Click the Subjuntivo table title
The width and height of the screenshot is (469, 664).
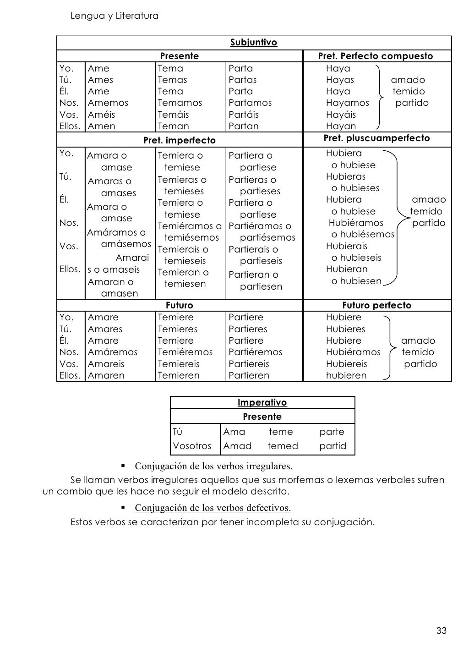[x=253, y=43]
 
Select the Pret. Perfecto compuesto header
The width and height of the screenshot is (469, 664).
[x=375, y=56]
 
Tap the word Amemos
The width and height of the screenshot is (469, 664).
[x=108, y=103]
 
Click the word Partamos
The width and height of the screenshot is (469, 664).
[x=250, y=103]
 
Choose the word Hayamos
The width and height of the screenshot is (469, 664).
[x=347, y=103]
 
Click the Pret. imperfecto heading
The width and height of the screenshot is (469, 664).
[x=179, y=140]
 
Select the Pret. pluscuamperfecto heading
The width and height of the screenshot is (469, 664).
[x=376, y=138]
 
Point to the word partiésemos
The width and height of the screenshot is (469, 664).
[x=267, y=237]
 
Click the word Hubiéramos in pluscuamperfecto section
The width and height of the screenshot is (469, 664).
[x=356, y=223]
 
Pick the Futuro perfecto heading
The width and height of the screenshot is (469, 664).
[x=376, y=305]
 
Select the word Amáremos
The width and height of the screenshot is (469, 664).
[x=112, y=352]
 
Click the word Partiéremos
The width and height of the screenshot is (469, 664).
[x=255, y=352]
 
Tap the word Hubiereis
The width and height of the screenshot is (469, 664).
[x=346, y=364]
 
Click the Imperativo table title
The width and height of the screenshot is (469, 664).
[x=262, y=403]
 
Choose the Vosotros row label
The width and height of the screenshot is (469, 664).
[x=192, y=446]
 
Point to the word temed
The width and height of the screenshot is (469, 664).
[x=283, y=446]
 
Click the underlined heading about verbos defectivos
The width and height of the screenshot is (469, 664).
[x=213, y=508]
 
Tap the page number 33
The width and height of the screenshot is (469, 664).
[x=441, y=631]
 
